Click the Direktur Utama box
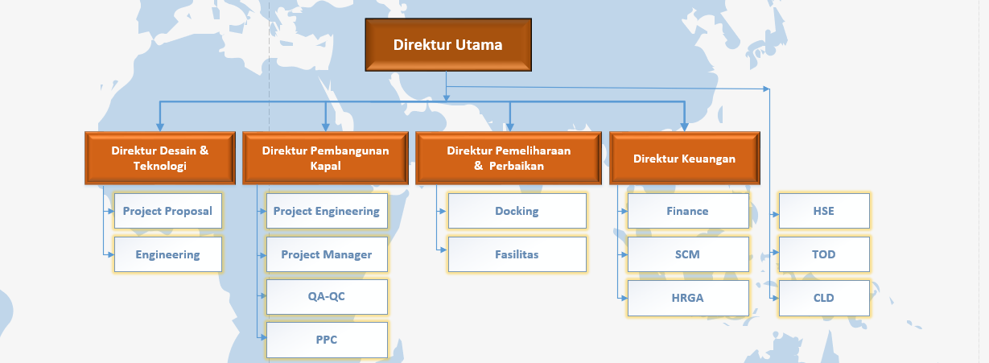tap(448, 44)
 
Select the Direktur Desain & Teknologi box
tap(160, 158)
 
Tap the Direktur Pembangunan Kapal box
tap(325, 158)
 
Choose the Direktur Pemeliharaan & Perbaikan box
tap(509, 158)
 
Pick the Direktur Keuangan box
tap(684, 158)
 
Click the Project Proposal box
tap(167, 211)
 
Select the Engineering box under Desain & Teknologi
tap(167, 254)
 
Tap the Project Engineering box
tap(327, 211)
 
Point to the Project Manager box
tap(327, 254)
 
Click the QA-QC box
tap(327, 296)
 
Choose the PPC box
tap(327, 340)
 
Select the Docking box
tap(517, 211)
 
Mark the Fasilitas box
tap(517, 254)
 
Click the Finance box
tap(688, 211)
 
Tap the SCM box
tap(688, 254)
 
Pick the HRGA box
tap(688, 298)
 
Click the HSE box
tap(824, 211)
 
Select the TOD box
tap(824, 254)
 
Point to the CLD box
tap(824, 298)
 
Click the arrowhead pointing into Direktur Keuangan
tap(684, 127)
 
